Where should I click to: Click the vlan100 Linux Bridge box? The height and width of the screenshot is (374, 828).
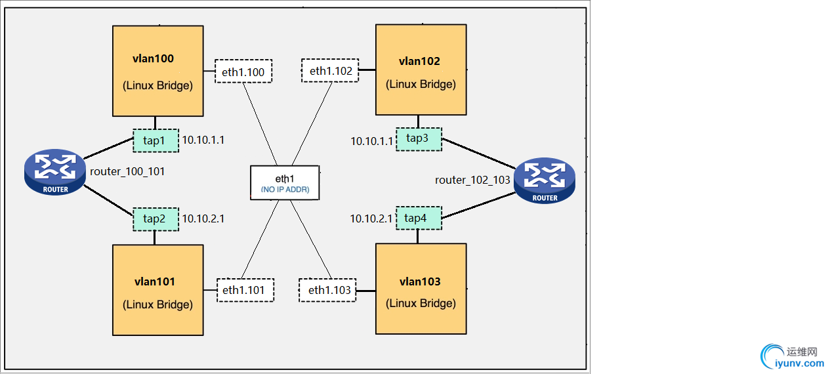coord(157,71)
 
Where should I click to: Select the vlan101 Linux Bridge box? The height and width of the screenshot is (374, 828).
coord(157,291)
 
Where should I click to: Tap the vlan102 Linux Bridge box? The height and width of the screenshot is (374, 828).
coord(421,70)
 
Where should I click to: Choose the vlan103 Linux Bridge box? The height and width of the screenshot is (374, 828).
coord(421,289)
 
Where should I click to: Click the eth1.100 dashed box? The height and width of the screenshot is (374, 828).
coord(243,72)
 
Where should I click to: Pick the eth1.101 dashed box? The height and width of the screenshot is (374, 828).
coord(245,290)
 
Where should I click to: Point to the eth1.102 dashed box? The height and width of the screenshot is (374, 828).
coord(330,71)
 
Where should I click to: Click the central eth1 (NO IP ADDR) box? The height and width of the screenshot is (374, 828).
coord(285,183)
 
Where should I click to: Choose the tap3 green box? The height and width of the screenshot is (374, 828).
coord(419,138)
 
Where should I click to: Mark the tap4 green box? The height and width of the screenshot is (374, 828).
coord(418,218)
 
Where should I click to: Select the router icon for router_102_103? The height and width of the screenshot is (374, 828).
coord(545,181)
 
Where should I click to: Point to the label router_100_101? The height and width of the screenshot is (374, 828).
coord(127,172)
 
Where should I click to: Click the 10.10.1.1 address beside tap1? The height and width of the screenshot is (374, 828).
coord(203,140)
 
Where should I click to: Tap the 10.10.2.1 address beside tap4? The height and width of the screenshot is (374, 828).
coord(371,218)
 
